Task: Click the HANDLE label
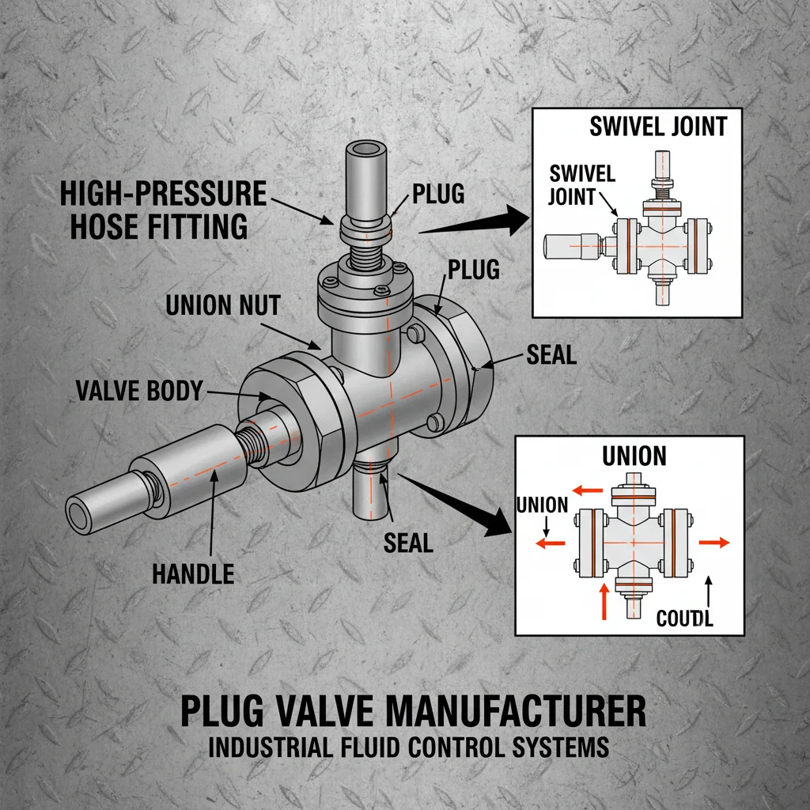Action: pos(193,573)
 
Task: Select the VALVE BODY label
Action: pos(138,391)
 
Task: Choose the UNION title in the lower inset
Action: pos(634,456)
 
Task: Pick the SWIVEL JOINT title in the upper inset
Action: pos(657,127)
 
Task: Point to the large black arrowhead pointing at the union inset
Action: pos(495,522)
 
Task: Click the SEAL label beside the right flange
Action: pos(551,356)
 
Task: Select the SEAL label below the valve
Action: pos(408,543)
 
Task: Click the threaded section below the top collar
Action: pos(365,255)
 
